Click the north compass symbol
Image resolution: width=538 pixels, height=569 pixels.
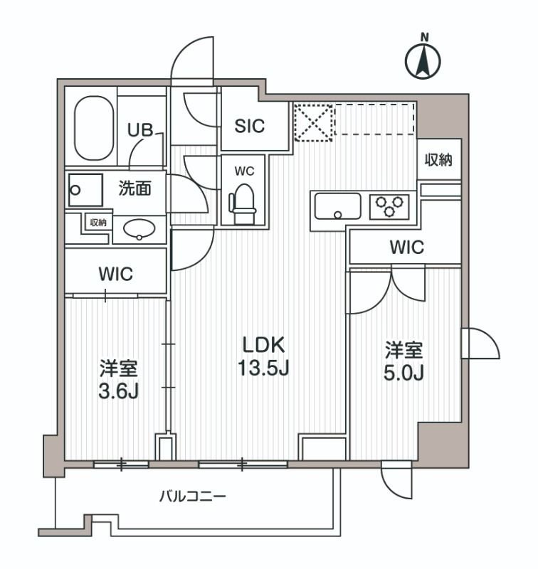(x=423, y=60)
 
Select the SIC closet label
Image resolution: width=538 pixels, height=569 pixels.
(x=250, y=126)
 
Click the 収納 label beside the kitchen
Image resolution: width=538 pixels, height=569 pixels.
(x=439, y=160)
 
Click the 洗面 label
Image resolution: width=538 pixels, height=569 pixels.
(x=134, y=189)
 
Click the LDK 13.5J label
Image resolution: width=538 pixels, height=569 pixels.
(x=263, y=357)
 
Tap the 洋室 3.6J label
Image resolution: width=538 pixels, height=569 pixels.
(x=118, y=381)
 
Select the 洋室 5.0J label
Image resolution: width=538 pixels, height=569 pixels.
(x=404, y=361)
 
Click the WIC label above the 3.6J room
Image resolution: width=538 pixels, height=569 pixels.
(x=116, y=274)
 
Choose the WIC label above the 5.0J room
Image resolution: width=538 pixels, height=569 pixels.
(x=406, y=248)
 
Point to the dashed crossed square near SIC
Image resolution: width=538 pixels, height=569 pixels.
(x=313, y=122)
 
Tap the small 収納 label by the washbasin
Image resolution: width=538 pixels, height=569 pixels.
(x=97, y=223)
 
